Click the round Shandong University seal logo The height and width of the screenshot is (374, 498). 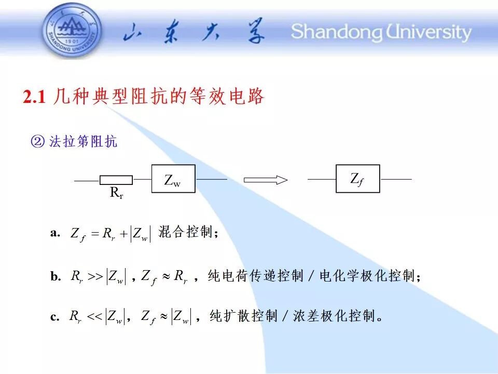click(73, 31)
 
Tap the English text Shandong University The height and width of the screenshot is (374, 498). click(381, 32)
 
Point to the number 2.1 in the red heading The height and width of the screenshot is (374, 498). click(34, 97)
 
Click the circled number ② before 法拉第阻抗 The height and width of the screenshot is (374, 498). click(38, 141)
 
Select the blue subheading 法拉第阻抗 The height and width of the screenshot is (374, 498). click(83, 141)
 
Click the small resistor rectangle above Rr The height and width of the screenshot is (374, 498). click(116, 180)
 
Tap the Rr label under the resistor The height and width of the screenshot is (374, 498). click(117, 192)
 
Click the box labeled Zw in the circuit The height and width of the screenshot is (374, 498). click(173, 179)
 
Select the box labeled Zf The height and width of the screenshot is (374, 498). click(358, 179)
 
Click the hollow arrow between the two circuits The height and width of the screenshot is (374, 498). click(266, 180)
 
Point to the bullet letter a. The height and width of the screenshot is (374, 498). click(55, 233)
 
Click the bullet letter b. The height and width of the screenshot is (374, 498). click(56, 276)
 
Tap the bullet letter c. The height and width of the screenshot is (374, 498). click(54, 317)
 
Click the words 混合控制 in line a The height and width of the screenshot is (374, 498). click(186, 232)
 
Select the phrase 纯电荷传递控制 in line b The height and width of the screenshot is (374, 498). click(256, 275)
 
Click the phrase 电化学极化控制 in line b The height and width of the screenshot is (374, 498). click(367, 275)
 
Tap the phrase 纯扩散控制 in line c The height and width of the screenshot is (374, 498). click(244, 316)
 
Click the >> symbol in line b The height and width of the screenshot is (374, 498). click(95, 276)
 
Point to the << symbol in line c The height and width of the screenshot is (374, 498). click(94, 316)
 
